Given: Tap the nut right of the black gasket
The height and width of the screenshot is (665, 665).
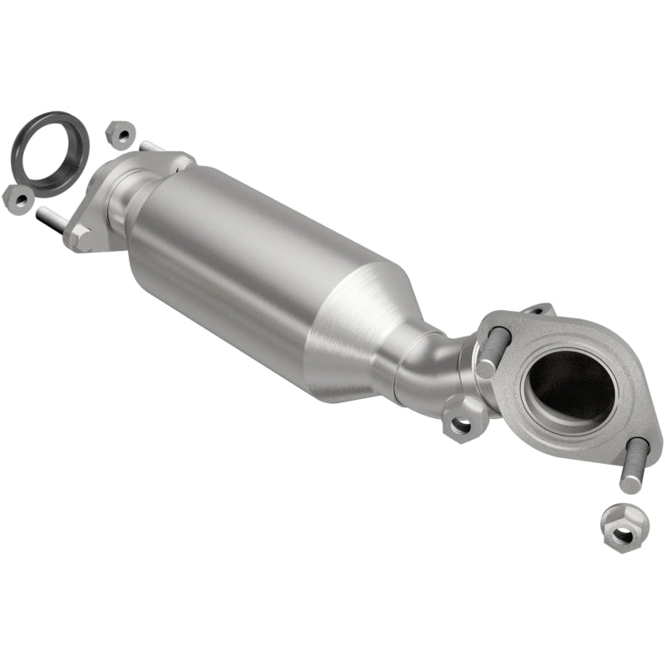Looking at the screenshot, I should coord(121,133).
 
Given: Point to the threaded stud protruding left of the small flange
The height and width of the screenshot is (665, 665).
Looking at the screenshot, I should coord(50,219).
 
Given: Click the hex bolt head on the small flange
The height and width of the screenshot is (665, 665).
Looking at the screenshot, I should coord(80,237).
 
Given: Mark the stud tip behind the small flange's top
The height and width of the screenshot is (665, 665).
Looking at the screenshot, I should coord(150,147).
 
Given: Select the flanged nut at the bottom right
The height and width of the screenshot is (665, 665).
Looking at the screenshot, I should coord(619,525).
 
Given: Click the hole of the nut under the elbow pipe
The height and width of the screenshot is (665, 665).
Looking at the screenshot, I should coord(462,424).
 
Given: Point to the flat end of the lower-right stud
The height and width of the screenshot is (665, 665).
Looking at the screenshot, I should coord(629,487).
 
